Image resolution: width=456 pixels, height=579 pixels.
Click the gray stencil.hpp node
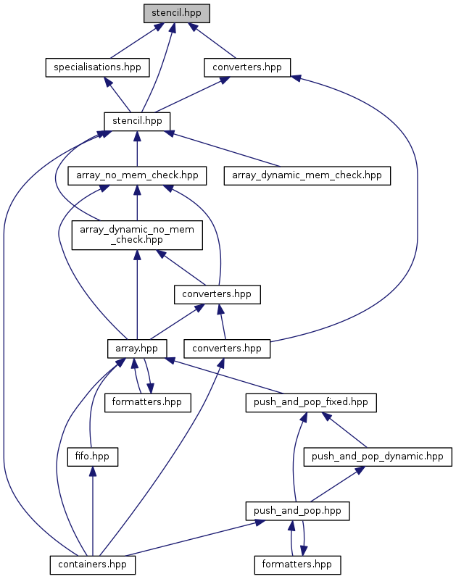coord(175,13)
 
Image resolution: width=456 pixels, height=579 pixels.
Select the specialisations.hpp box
coord(97,67)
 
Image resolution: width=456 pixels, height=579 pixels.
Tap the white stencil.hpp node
coord(137,120)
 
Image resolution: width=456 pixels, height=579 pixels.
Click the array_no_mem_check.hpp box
coord(137,175)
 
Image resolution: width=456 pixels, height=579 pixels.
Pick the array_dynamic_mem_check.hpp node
coord(307,175)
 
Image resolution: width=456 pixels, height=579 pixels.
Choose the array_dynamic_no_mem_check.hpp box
coord(137,235)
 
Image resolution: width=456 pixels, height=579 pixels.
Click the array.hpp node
coord(137,348)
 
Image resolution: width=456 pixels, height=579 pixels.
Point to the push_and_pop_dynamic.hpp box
coord(377,457)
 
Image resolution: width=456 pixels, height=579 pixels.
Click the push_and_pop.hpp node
coord(297,511)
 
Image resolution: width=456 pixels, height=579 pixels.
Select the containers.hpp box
coord(92,563)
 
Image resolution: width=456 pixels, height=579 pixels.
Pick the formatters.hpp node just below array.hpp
coord(147,402)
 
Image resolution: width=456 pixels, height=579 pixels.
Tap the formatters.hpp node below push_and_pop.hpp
coord(297,563)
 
